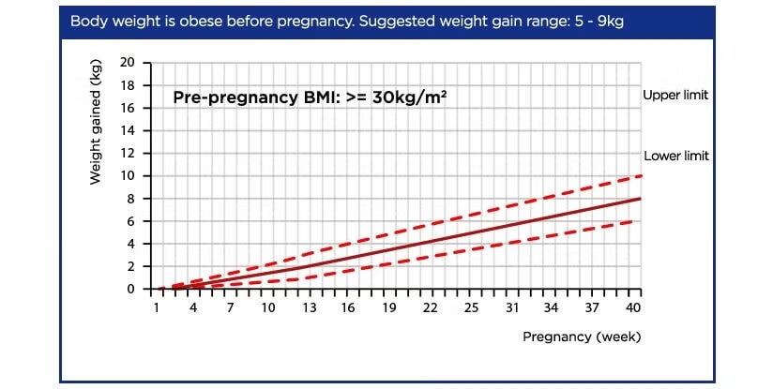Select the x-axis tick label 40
pos(633,307)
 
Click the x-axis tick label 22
pos(430,307)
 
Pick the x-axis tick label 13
pos(309,307)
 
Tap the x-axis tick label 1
pos(156,307)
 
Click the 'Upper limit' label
pos(675,96)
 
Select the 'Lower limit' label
pos(675,157)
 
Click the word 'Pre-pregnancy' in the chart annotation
pos(231,97)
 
